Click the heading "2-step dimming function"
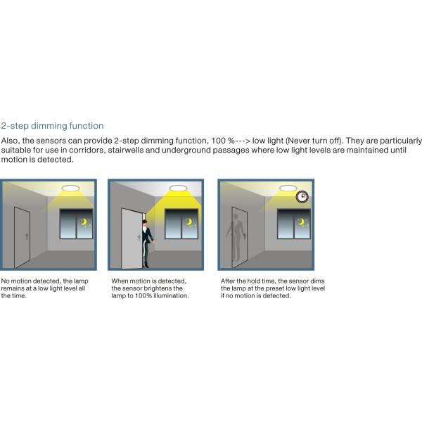pyautogui.click(x=52, y=126)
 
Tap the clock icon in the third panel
pyautogui.click(x=302, y=196)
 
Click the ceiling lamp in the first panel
pyautogui.click(x=70, y=188)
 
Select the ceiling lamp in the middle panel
pyautogui.click(x=178, y=188)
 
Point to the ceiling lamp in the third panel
pyautogui.click(x=288, y=188)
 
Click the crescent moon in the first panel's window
pyautogui.click(x=84, y=222)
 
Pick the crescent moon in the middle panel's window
pyautogui.click(x=189, y=222)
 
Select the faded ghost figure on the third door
pyautogui.click(x=236, y=237)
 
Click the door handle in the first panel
pyautogui.click(x=27, y=236)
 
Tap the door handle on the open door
pyautogui.click(x=139, y=238)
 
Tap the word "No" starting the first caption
pyautogui.click(x=5, y=281)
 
